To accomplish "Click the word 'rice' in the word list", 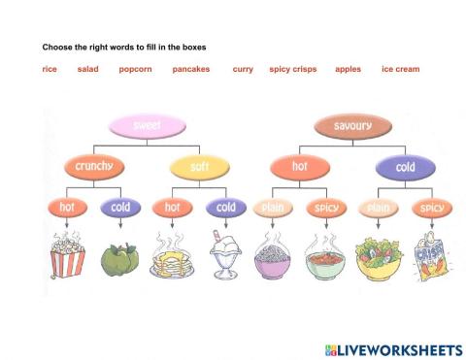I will point(50,69).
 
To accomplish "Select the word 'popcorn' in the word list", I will point(136,69).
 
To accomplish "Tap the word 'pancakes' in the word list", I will point(191,69).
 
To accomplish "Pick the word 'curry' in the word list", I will point(243,69).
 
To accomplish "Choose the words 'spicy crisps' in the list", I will point(293,69).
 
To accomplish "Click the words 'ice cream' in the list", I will point(400,69).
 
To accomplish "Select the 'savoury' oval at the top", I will point(351,126).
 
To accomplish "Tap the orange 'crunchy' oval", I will point(93,167).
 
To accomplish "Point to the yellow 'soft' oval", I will point(198,167).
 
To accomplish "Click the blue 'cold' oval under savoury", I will point(405,167).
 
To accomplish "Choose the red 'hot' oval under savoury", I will point(299,167).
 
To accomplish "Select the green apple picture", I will point(120,259).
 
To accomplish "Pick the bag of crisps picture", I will point(429,257).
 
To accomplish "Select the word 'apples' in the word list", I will point(348,69).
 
